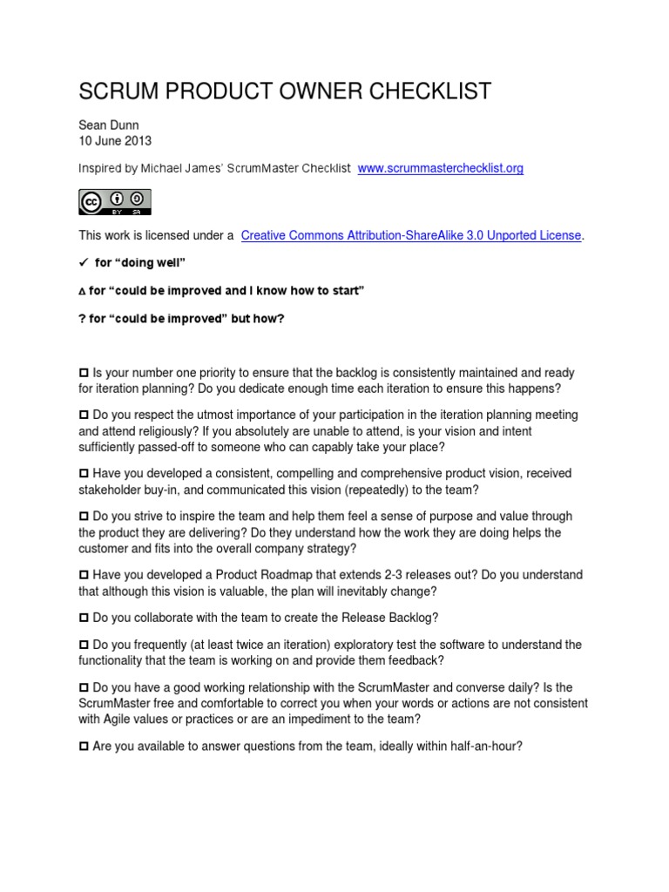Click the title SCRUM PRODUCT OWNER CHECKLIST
point(285,91)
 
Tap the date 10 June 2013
point(114,141)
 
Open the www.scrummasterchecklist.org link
point(441,168)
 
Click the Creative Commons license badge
point(114,201)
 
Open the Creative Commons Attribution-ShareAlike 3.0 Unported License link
point(411,236)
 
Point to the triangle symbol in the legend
point(83,291)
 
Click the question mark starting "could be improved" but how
point(83,318)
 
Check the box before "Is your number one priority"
point(84,373)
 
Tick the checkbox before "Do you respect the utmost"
point(84,416)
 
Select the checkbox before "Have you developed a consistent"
point(84,473)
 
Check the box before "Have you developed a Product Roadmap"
point(84,576)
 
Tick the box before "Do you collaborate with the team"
point(84,618)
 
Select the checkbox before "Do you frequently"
point(84,645)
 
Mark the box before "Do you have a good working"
point(84,687)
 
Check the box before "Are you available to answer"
point(84,746)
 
